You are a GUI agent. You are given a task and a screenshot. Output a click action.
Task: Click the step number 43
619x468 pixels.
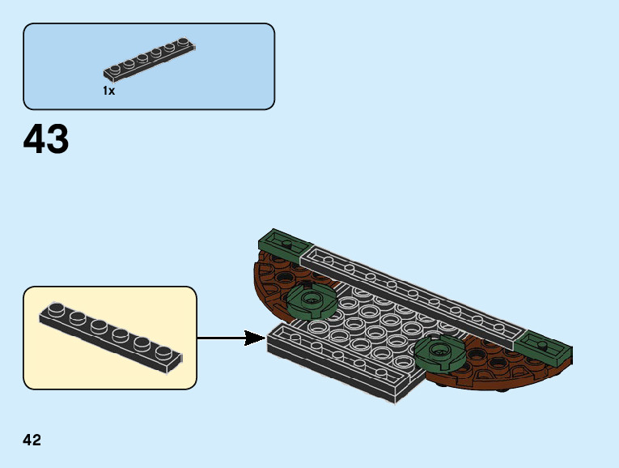point(46,139)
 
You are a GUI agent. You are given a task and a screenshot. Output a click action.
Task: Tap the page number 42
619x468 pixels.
point(32,440)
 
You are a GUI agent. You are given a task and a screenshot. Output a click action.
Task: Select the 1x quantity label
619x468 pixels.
point(108,91)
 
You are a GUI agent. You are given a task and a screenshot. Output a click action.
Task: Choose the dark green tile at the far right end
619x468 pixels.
point(547,347)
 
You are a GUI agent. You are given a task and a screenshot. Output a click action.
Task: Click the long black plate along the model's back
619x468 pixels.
point(413,298)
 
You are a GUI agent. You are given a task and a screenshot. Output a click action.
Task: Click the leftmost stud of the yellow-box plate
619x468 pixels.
point(55,308)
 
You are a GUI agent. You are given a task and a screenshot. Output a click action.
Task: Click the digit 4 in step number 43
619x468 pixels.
point(35,139)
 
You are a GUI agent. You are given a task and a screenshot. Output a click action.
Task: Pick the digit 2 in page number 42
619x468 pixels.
point(37,440)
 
